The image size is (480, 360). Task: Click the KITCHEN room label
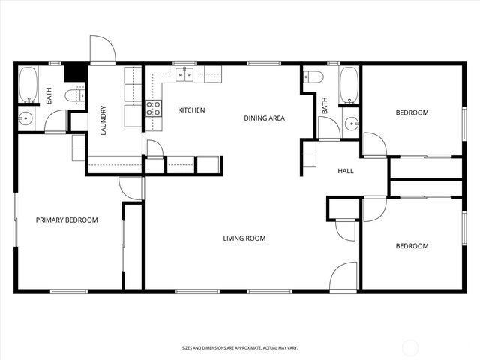tap(191, 110)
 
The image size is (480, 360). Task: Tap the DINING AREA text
tap(263, 118)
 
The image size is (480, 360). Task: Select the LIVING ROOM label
tap(244, 238)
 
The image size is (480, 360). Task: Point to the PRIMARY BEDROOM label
tap(67, 220)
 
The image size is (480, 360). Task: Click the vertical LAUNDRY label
tap(103, 120)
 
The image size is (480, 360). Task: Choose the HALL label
tap(346, 171)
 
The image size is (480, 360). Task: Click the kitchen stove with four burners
tap(153, 108)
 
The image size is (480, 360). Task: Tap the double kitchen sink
tap(185, 73)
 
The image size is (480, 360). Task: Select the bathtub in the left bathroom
tap(28, 84)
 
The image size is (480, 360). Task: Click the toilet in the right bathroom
tap(313, 76)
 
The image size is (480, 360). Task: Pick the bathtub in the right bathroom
tap(349, 85)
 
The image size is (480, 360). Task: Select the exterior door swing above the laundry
tap(102, 49)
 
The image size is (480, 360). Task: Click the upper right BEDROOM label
tap(412, 112)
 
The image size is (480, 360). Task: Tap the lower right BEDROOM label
tap(412, 246)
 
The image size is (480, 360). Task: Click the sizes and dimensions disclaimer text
tap(240, 348)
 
